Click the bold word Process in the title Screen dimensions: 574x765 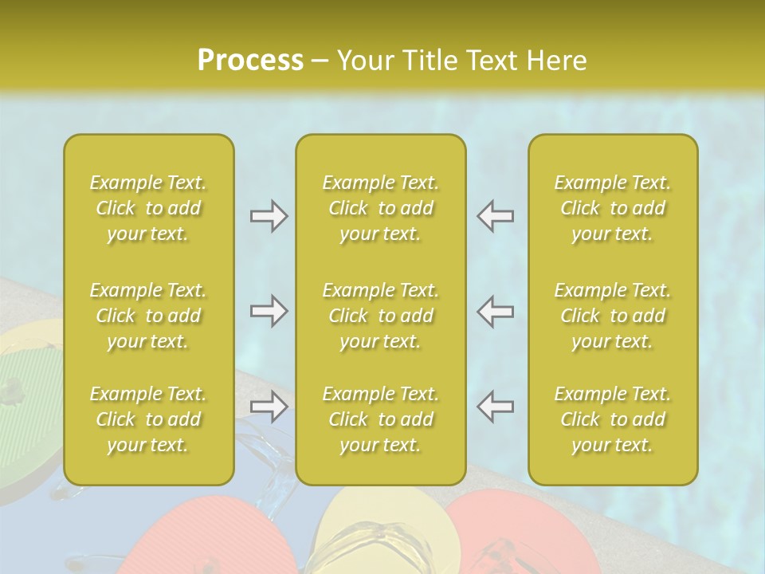[x=250, y=60]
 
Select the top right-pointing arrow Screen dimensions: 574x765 [x=269, y=216]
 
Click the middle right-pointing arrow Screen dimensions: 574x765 [x=269, y=311]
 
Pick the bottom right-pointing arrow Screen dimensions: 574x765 [x=269, y=407]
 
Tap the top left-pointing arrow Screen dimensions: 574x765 [x=496, y=216]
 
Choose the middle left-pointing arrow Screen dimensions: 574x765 [x=496, y=311]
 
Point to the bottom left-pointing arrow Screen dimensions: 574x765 [x=496, y=407]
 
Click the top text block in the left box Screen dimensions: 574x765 [x=148, y=208]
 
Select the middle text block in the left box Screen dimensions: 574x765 [x=148, y=316]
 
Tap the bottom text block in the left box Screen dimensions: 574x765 [x=148, y=419]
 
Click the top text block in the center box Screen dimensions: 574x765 [x=381, y=208]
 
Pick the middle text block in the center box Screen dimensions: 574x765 [x=381, y=316]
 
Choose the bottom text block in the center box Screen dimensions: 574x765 [x=381, y=419]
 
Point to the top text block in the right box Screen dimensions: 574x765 [x=613, y=208]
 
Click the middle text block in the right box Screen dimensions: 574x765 [x=613, y=316]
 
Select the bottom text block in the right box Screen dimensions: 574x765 [x=613, y=419]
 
